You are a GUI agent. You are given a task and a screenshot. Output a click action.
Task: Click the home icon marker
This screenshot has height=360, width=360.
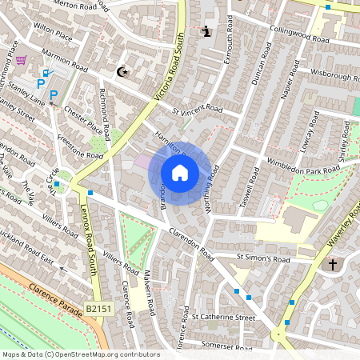pos(180,173)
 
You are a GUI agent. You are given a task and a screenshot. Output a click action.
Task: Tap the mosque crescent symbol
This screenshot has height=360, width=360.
pos(122,72)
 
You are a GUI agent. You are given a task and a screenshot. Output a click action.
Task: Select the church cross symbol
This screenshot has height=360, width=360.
pos(333,263)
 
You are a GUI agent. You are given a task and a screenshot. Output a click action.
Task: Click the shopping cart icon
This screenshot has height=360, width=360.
pos(21,60)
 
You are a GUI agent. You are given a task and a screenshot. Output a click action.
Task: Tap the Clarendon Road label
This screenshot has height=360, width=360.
pos(191,246)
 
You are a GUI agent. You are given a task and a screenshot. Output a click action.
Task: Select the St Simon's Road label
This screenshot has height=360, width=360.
pos(262,259)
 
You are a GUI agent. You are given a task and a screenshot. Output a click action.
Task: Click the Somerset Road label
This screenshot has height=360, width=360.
pos(227,346)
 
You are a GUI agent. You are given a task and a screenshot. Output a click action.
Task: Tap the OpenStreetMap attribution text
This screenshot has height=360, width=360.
pos(81,354)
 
